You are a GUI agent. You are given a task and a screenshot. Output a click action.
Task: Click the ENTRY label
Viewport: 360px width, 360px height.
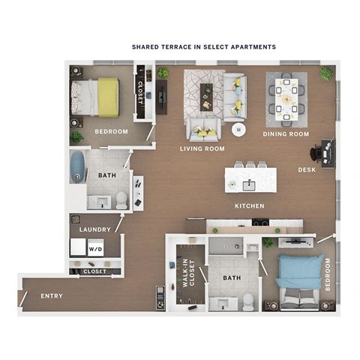[x=52, y=296]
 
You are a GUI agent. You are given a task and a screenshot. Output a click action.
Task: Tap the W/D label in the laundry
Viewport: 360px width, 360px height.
[x=95, y=249]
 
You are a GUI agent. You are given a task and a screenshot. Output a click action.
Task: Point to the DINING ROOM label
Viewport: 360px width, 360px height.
[x=286, y=134]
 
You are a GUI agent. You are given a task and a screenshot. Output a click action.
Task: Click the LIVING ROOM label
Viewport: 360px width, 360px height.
[x=202, y=148]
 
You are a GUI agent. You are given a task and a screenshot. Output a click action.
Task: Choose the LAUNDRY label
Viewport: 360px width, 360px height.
[x=95, y=229]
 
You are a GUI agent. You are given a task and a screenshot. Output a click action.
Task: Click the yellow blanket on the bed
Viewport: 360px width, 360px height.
[x=108, y=95]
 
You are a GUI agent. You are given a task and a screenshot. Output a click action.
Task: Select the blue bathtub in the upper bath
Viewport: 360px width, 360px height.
[x=76, y=167]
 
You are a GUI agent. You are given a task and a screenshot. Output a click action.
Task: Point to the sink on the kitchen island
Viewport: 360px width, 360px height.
[x=250, y=182]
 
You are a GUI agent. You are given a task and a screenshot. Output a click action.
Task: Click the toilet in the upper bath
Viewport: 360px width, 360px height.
[x=121, y=199]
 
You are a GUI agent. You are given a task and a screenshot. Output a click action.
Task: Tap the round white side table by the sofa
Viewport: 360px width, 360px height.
[x=238, y=128]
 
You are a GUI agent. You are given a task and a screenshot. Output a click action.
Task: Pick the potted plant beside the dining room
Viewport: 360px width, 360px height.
[x=326, y=73]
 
